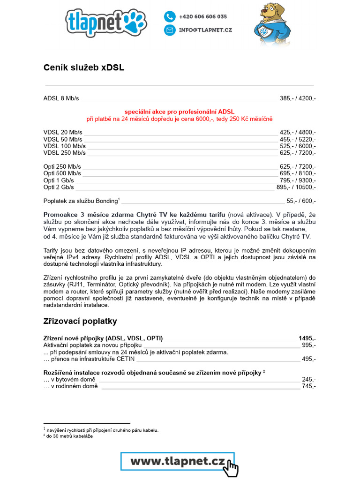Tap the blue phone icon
tap(169, 16)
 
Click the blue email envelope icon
tap(169, 30)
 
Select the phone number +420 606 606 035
tap(202, 16)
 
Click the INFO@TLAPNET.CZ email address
tap(205, 30)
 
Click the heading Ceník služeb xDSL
tap(84, 67)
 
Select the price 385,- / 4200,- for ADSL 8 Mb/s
tap(298, 98)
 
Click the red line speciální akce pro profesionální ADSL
tap(179, 112)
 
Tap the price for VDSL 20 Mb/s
tap(298, 132)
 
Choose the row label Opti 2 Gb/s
tap(59, 187)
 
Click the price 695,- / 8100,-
tap(298, 173)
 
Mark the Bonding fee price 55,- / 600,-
tap(301, 201)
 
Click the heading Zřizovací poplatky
tap(80, 321)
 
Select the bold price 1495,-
tap(307, 338)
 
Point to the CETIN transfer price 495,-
tap(309, 359)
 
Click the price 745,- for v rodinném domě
tap(309, 386)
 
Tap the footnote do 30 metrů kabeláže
tap(69, 436)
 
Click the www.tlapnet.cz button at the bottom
tap(178, 461)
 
